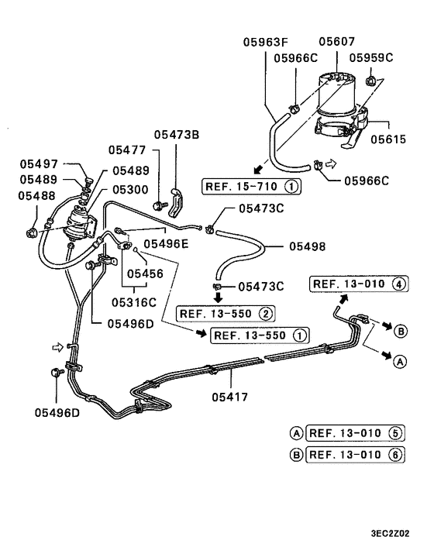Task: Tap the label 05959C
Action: [371, 57]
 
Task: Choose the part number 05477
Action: [127, 150]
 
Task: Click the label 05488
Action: [36, 197]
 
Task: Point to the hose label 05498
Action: [308, 246]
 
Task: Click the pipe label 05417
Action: [229, 397]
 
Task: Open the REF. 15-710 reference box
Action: [252, 187]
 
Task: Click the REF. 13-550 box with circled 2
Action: [226, 314]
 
